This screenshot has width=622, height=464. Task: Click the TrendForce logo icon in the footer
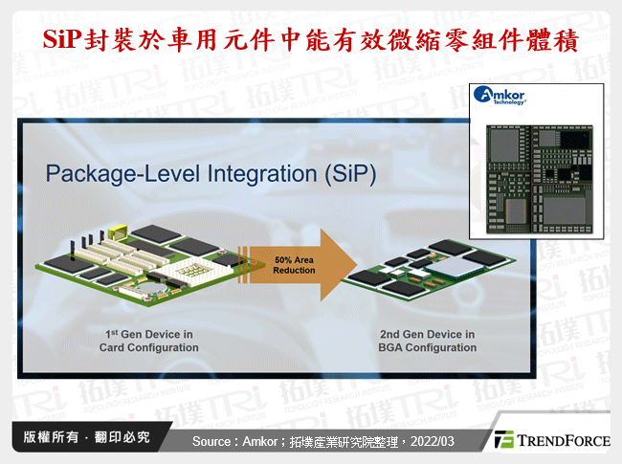tap(503, 440)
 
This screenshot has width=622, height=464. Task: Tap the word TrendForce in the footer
tap(563, 440)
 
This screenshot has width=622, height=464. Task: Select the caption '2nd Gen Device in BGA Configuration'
tap(428, 341)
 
